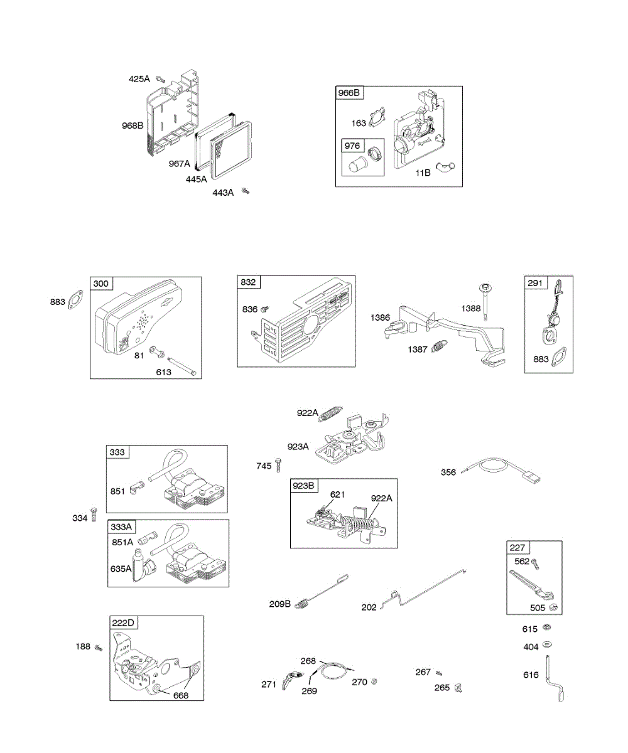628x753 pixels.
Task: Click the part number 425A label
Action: click(139, 79)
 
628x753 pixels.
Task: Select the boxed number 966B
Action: click(350, 93)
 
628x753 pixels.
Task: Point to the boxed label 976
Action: click(352, 146)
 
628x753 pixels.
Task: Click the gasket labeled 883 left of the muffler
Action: click(77, 299)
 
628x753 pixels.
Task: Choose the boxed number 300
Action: click(100, 284)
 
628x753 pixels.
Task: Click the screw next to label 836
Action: click(266, 309)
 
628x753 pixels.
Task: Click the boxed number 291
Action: click(535, 282)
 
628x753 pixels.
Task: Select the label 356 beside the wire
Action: click(448, 473)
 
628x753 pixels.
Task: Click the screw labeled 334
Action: click(94, 514)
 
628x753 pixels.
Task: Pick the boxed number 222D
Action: click(123, 622)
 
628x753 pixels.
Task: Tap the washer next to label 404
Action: click(548, 644)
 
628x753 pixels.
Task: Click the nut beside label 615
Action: click(548, 628)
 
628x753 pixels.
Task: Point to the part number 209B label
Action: click(279, 604)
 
